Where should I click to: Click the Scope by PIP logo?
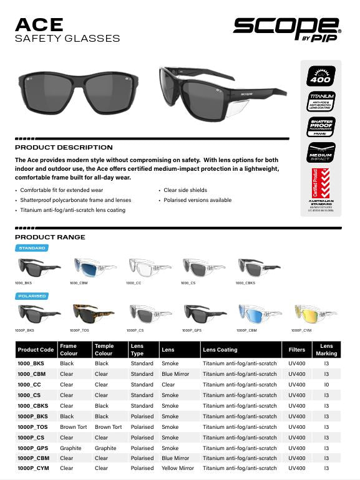[x=287, y=27]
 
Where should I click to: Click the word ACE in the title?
[x=39, y=24]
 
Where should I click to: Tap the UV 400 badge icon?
[x=321, y=75]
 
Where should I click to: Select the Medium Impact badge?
[x=321, y=152]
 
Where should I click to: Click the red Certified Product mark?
[x=321, y=181]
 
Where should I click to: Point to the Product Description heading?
[x=64, y=148]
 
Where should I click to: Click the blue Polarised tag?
[x=32, y=296]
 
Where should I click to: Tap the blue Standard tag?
[x=32, y=248]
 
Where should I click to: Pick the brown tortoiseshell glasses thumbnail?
[x=89, y=314]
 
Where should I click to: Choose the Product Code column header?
[x=36, y=350]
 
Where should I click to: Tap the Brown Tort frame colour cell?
[x=72, y=426]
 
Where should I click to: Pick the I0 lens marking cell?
[x=326, y=385]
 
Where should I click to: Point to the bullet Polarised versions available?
[x=198, y=200]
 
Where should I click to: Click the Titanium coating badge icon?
[x=321, y=100]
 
